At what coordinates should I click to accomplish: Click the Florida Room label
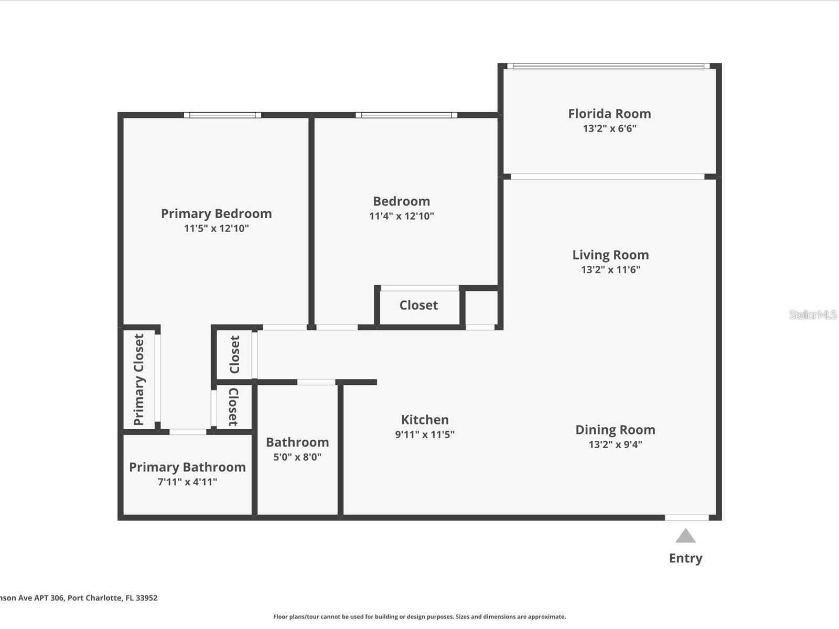(609, 114)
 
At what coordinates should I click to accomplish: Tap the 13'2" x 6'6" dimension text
(609, 128)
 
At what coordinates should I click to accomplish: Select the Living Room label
(610, 255)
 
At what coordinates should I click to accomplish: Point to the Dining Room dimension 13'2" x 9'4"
(615, 444)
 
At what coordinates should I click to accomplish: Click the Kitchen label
(425, 420)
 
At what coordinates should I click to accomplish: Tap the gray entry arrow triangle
(685, 536)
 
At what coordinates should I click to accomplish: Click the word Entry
(685, 558)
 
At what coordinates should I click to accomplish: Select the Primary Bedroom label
(216, 213)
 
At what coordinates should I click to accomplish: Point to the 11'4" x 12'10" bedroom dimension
(401, 216)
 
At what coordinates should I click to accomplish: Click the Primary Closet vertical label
(139, 379)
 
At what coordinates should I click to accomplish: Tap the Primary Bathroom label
(187, 467)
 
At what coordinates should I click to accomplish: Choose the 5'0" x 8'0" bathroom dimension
(297, 457)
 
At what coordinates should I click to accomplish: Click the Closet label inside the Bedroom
(418, 305)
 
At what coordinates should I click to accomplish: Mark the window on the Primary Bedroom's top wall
(222, 115)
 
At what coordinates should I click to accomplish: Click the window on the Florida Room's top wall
(608, 66)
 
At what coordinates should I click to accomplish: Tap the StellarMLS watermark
(813, 314)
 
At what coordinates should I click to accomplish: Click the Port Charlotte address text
(79, 598)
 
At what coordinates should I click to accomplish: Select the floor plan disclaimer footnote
(419, 617)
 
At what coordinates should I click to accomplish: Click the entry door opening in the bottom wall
(687, 517)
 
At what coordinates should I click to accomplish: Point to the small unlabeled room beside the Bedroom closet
(481, 308)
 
